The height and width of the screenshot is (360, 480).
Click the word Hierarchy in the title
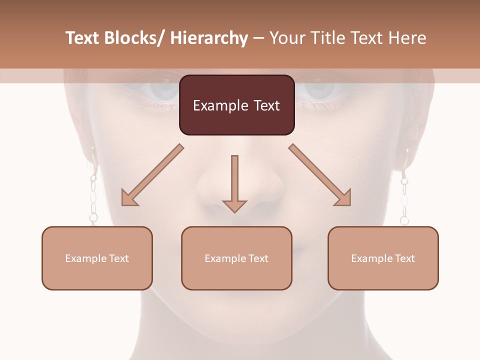tap(209, 38)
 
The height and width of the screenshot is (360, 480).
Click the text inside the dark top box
tap(236, 105)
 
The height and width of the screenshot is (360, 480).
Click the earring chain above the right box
tap(404, 200)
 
